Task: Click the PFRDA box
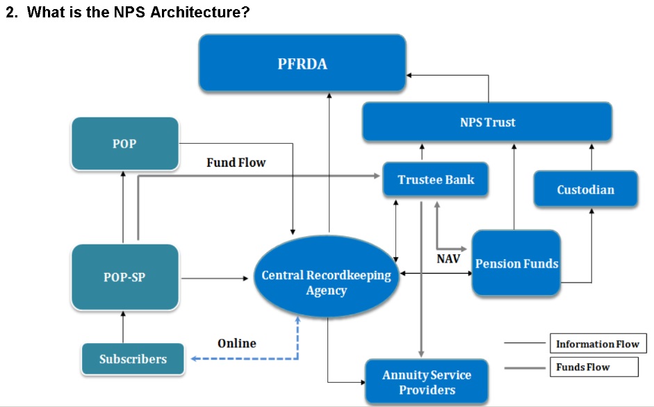point(302,64)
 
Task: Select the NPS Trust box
point(487,122)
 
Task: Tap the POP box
point(124,144)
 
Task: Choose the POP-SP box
point(124,276)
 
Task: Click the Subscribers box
point(133,359)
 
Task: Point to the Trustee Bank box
point(436,180)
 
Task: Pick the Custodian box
point(585,189)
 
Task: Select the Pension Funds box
point(516,264)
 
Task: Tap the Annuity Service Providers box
point(426,382)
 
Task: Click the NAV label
point(448,259)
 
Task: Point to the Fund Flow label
point(236,163)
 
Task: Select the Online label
point(236,343)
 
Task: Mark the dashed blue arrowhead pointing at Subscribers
point(195,359)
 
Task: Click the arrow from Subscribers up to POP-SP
point(123,327)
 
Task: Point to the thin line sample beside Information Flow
point(525,343)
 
